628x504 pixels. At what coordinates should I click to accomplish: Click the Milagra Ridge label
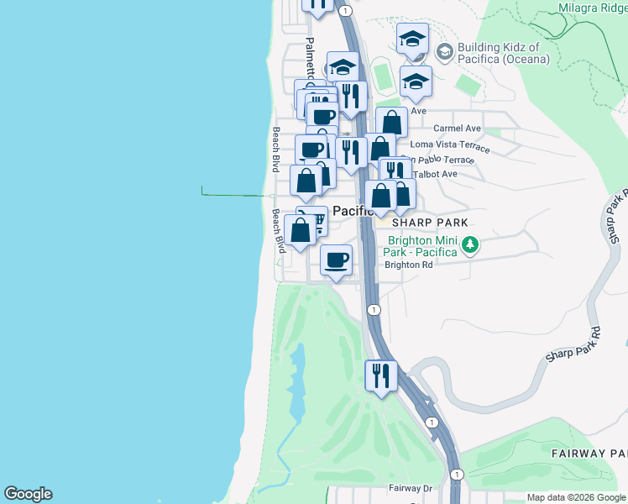592,8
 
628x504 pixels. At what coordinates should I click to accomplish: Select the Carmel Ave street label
457,129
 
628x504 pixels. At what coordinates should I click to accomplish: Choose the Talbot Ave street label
437,174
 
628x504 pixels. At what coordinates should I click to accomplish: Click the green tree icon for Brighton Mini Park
471,245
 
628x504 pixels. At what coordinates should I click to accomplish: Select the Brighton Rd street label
408,265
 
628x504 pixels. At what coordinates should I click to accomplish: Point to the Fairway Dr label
410,487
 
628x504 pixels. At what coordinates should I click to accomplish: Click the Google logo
28,494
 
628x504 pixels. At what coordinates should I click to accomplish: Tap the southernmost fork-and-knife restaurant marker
381,375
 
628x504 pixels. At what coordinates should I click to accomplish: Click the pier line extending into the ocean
235,195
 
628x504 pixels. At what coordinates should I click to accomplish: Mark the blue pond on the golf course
296,382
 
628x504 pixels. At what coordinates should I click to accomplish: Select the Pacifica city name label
353,212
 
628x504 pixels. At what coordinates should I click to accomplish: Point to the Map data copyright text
576,497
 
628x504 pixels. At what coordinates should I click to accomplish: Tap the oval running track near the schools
384,76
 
